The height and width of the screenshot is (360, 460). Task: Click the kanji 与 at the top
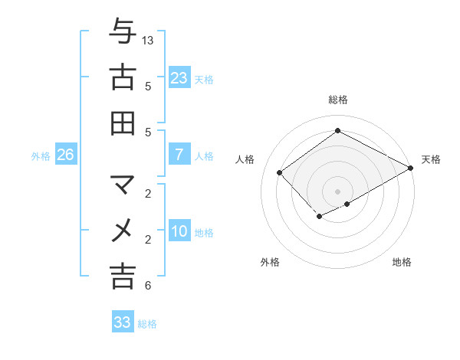pyautogui.click(x=123, y=33)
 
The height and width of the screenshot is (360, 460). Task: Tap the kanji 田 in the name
pyautogui.click(x=123, y=123)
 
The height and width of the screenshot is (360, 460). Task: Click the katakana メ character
pyautogui.click(x=123, y=230)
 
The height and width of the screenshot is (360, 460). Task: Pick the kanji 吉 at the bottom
pyautogui.click(x=123, y=276)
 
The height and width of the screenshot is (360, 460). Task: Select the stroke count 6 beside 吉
pyautogui.click(x=148, y=286)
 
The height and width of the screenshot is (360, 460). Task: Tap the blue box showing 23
pyautogui.click(x=179, y=78)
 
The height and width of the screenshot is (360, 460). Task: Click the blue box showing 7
pyautogui.click(x=179, y=155)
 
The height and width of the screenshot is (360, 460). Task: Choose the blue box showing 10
pyautogui.click(x=179, y=232)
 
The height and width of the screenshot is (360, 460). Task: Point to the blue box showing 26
pyautogui.click(x=65, y=155)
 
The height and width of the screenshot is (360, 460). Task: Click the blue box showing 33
pyautogui.click(x=123, y=322)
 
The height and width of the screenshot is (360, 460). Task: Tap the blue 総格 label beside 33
pyautogui.click(x=147, y=324)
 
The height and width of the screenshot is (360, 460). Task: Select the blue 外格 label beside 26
pyautogui.click(x=41, y=156)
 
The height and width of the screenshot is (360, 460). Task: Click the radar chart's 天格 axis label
pyautogui.click(x=431, y=159)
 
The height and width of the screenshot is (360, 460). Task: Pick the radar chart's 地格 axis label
pyautogui.click(x=402, y=262)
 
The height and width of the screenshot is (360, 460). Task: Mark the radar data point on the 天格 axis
pyautogui.click(x=411, y=169)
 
